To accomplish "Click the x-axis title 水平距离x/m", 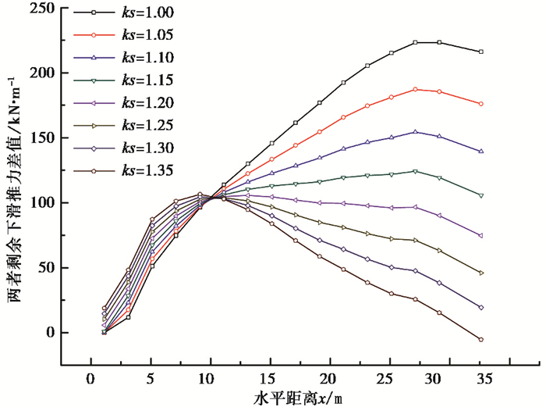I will pyautogui.click(x=297, y=398).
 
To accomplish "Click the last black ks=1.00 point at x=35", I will pyautogui.click(x=480, y=52).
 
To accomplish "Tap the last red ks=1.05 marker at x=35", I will pyautogui.click(x=480, y=104).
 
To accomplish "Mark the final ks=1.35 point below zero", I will pyautogui.click(x=480, y=340).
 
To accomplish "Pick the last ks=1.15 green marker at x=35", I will pyautogui.click(x=480, y=195).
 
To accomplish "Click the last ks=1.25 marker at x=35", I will pyautogui.click(x=480, y=273).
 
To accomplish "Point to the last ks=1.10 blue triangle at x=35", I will pyautogui.click(x=480, y=151).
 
